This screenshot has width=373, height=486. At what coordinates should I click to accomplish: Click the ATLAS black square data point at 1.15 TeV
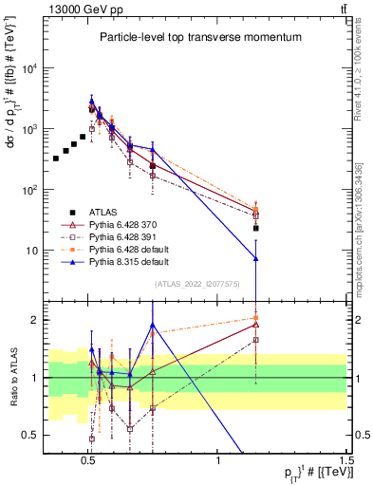point(256,228)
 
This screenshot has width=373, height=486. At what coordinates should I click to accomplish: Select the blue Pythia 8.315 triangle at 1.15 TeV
point(256,258)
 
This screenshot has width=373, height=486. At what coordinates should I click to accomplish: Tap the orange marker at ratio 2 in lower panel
point(256,319)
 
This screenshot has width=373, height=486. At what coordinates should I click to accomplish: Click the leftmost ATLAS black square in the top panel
point(56,158)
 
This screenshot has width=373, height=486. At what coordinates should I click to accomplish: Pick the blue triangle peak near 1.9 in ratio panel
point(152,325)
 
